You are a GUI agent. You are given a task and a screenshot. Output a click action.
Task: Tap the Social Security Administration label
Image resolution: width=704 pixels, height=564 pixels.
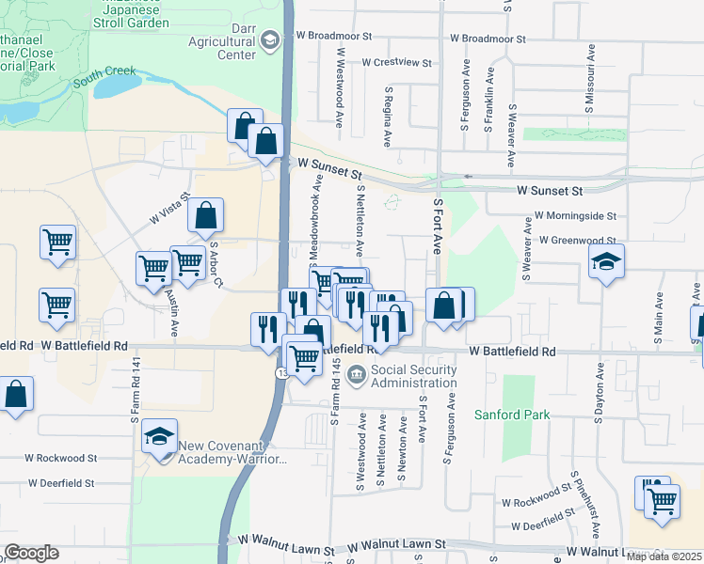414,376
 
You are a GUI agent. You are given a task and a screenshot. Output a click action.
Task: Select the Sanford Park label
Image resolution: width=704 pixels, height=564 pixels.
511,414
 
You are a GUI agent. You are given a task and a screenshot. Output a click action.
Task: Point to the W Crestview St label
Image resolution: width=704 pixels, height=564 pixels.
396,63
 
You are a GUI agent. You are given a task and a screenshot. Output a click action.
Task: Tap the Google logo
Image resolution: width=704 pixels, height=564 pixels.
31,553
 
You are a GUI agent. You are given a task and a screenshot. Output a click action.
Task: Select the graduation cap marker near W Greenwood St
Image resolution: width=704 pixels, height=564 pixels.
606,263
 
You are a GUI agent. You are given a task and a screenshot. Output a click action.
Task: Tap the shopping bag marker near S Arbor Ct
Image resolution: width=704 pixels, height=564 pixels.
205,216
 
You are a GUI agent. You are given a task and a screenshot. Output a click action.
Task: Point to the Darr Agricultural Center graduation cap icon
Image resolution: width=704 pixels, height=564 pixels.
271,40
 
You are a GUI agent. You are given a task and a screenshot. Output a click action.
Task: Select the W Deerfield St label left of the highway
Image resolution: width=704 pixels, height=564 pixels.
60,483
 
